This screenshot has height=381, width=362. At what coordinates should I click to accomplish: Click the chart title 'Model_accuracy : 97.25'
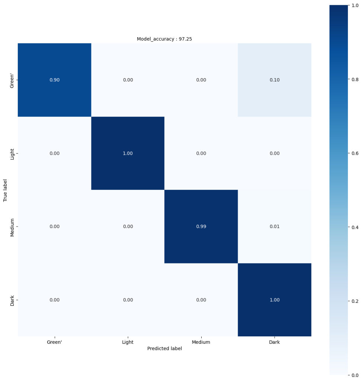tap(164, 39)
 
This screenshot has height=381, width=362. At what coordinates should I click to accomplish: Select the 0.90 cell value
tap(54, 80)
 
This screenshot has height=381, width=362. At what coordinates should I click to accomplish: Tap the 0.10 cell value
tap(274, 80)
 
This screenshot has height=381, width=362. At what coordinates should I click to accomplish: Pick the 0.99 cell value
tap(201, 227)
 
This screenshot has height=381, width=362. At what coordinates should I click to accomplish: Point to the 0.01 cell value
tap(274, 227)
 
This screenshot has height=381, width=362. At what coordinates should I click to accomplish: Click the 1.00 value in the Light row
tap(128, 153)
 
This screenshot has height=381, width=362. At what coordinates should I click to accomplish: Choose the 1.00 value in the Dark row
tap(274, 300)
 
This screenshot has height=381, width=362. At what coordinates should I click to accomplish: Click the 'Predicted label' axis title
tap(164, 349)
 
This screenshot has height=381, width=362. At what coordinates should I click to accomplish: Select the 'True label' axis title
tap(6, 190)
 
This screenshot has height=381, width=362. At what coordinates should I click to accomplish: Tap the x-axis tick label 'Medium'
tap(201, 342)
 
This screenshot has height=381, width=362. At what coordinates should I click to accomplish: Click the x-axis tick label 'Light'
tap(128, 342)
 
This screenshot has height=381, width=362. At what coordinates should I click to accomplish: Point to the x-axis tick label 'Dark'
tap(274, 342)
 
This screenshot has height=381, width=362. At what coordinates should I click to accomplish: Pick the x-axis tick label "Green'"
tap(54, 342)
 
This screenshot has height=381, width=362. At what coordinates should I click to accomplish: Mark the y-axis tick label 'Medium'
tap(13, 227)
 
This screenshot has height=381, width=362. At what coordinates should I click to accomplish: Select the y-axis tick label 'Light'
tap(13, 153)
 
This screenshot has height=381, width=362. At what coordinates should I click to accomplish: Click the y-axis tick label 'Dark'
tap(13, 300)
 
